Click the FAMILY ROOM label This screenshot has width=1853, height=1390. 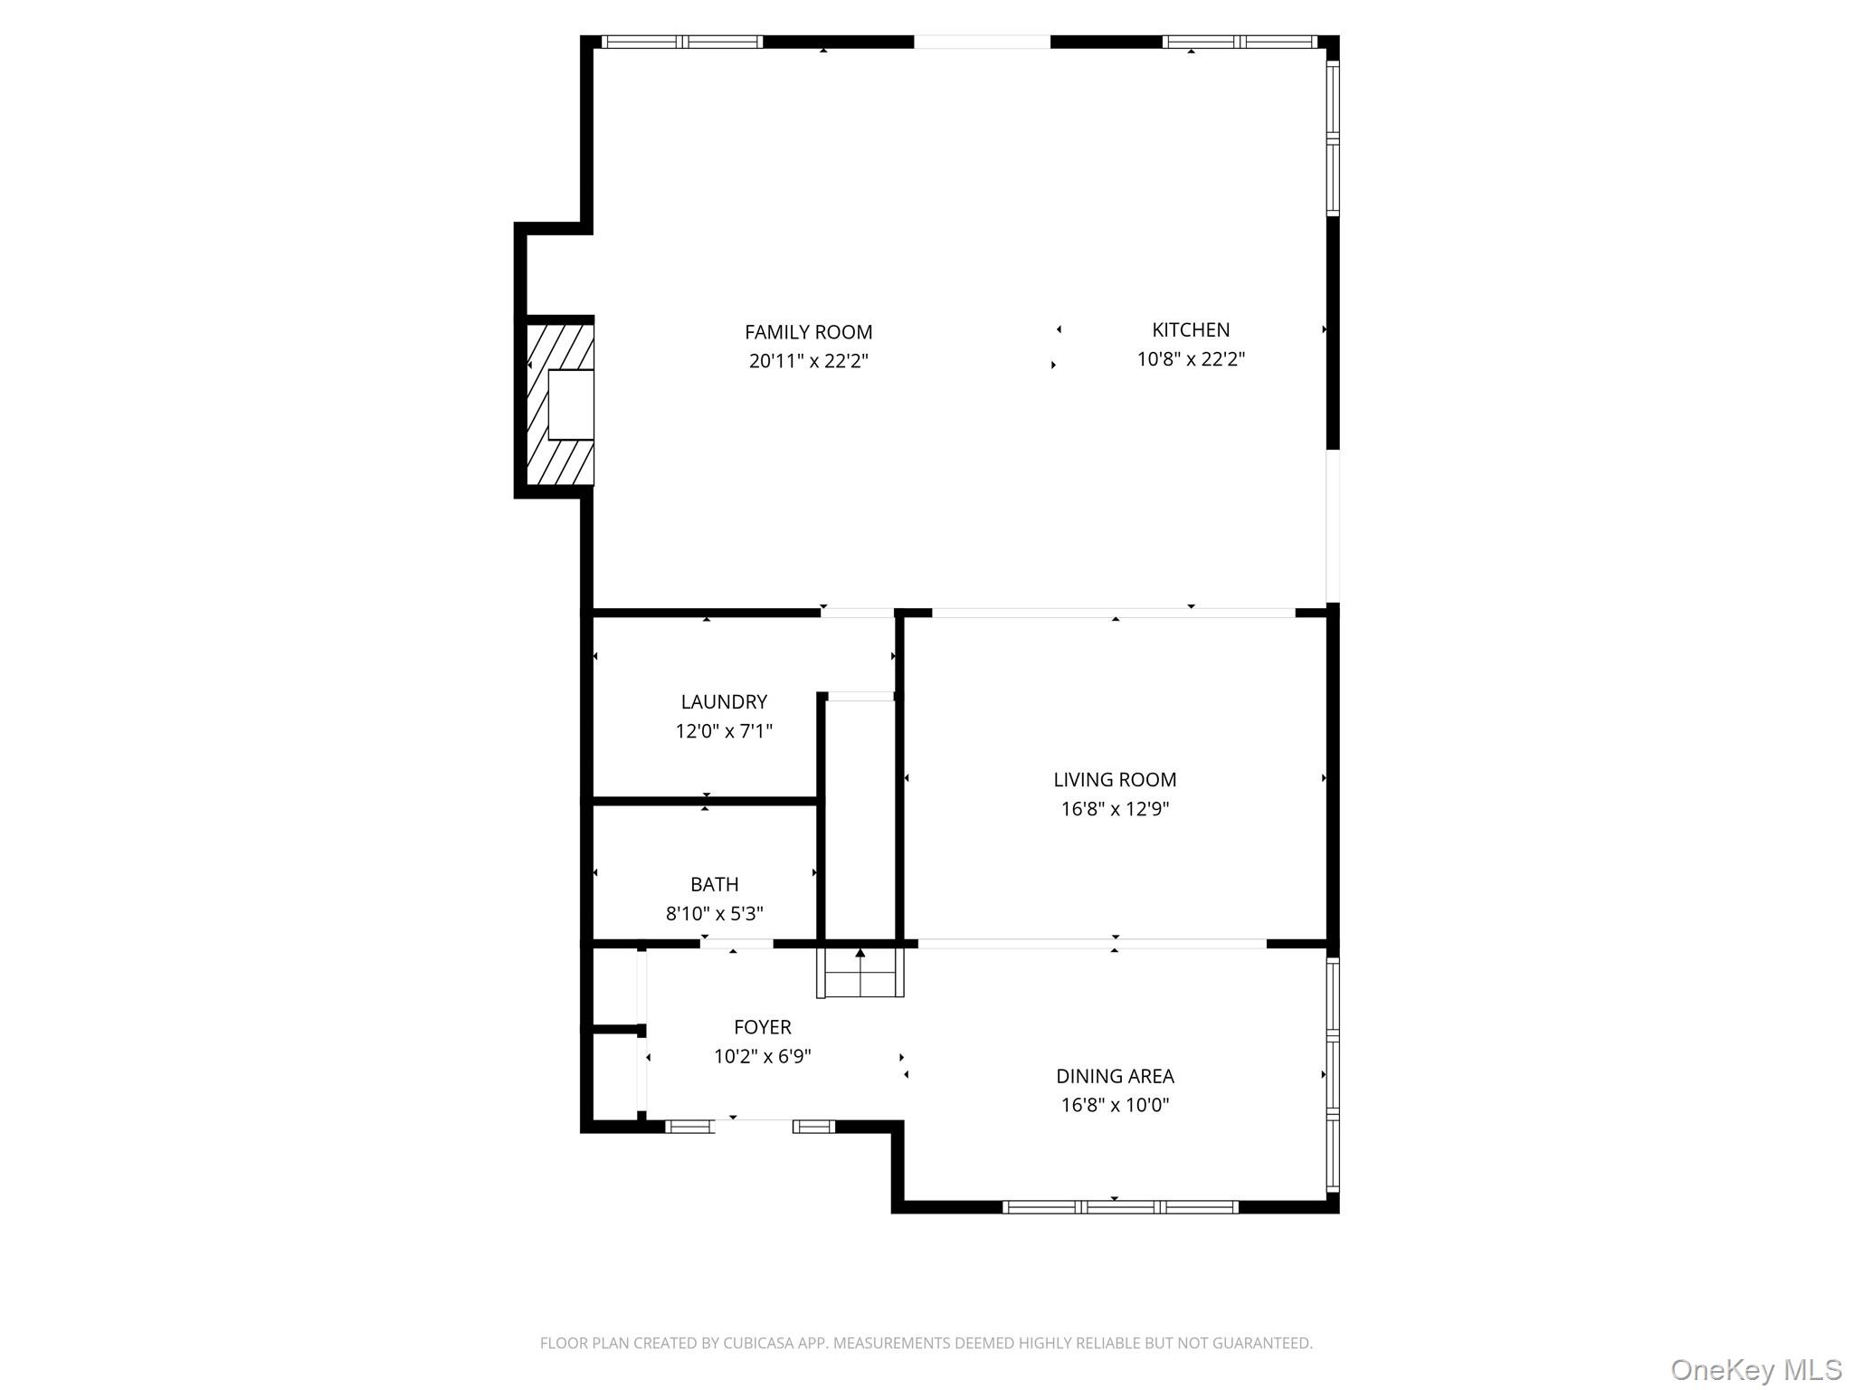click(808, 332)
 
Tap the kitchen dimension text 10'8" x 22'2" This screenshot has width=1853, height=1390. click(1191, 359)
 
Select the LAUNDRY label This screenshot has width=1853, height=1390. click(723, 701)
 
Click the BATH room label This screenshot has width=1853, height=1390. click(714, 884)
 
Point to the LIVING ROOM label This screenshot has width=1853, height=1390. click(1115, 779)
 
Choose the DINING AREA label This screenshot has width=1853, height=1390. click(1115, 1076)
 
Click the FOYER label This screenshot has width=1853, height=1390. click(762, 1027)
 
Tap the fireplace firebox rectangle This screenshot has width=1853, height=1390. click(571, 405)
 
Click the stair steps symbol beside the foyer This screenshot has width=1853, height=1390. click(860, 972)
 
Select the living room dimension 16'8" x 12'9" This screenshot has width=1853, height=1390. click(1115, 809)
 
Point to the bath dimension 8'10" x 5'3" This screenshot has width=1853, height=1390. click(714, 914)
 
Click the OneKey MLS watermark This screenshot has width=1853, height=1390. click(1756, 1369)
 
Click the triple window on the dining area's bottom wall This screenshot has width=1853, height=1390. click(1120, 1206)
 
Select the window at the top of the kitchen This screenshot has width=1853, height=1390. click(1240, 42)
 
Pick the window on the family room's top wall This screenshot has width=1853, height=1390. click(682, 42)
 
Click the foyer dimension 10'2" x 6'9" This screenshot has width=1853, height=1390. click(762, 1056)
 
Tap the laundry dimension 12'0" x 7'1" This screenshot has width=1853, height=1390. click(723, 731)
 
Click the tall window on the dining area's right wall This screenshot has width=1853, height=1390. click(1332, 1075)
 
